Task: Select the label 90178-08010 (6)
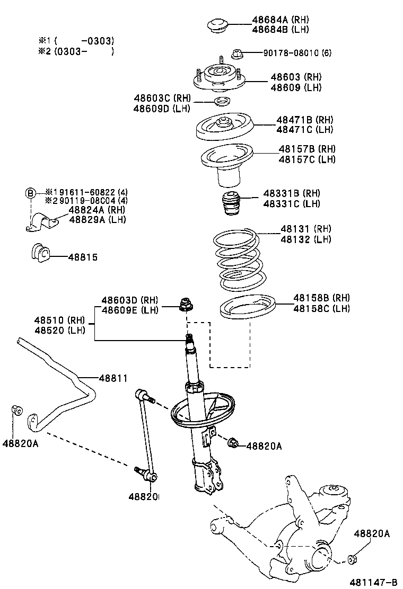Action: (x=297, y=53)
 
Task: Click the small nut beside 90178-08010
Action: (x=236, y=53)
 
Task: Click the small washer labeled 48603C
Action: (x=222, y=102)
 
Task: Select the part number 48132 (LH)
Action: (x=305, y=239)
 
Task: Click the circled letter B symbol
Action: (x=31, y=192)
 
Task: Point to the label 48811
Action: (x=113, y=378)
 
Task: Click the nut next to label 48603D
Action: (x=185, y=305)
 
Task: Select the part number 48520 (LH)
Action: (x=60, y=331)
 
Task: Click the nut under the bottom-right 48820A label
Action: (x=354, y=557)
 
